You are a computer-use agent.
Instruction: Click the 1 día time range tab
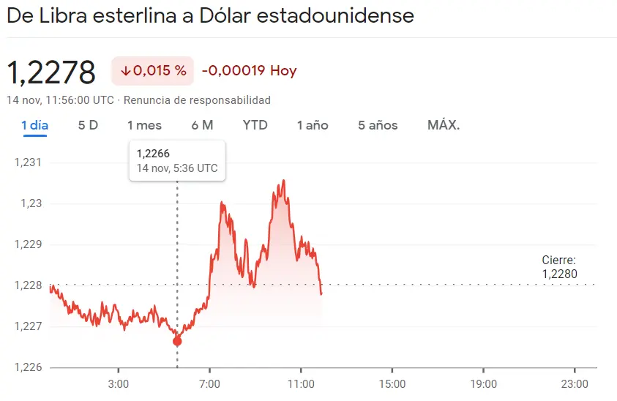click(x=34, y=125)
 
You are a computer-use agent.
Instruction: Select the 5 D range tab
click(x=88, y=125)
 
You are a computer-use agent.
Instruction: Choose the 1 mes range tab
click(x=144, y=125)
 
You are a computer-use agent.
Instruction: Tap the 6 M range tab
click(x=202, y=125)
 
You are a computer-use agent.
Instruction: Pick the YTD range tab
click(x=255, y=125)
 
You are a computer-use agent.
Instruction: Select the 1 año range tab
click(x=313, y=125)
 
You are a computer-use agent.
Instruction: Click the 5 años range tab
click(x=378, y=125)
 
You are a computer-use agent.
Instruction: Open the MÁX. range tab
click(x=444, y=125)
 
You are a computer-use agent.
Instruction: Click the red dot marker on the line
click(x=177, y=341)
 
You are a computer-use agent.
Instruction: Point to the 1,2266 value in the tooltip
click(x=153, y=154)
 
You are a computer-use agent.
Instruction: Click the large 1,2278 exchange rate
click(x=51, y=72)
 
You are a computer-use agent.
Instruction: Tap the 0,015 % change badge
click(x=153, y=71)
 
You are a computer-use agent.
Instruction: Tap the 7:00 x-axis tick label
click(x=209, y=383)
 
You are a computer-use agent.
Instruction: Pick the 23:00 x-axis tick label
click(x=574, y=383)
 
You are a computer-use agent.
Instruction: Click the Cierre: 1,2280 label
click(x=559, y=267)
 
